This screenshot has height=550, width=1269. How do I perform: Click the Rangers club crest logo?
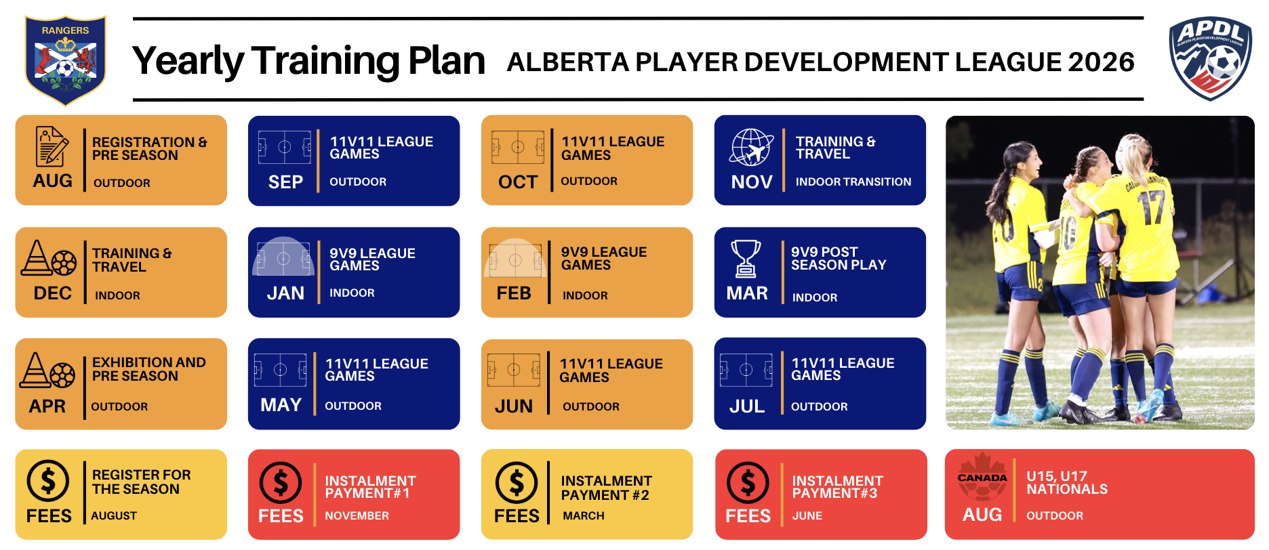(x=65, y=60)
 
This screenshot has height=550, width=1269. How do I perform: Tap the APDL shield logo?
(x=1211, y=59)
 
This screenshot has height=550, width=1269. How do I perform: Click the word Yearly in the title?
(x=188, y=61)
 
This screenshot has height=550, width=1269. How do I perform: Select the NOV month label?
(x=752, y=182)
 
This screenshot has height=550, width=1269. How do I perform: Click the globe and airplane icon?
(x=751, y=147)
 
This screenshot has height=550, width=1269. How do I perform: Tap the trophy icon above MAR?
(x=746, y=259)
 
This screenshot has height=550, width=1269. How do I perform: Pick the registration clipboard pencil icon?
(x=52, y=146)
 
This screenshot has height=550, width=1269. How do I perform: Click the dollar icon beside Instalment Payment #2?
(x=517, y=483)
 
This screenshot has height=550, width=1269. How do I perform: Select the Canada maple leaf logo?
(x=982, y=476)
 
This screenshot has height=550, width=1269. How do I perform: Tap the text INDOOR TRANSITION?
(x=853, y=182)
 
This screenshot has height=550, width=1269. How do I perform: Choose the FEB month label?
(x=514, y=293)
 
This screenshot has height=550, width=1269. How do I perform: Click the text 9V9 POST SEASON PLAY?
(x=839, y=258)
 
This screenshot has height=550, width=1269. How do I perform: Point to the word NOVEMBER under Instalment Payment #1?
(x=357, y=515)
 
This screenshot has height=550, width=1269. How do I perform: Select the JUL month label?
(x=747, y=406)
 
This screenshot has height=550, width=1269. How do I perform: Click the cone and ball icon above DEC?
(x=49, y=258)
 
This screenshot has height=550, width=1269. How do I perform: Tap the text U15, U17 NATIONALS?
(x=1067, y=482)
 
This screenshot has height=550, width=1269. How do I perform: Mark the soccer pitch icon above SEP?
(x=285, y=147)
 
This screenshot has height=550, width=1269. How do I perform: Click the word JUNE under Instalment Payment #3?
(x=807, y=515)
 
